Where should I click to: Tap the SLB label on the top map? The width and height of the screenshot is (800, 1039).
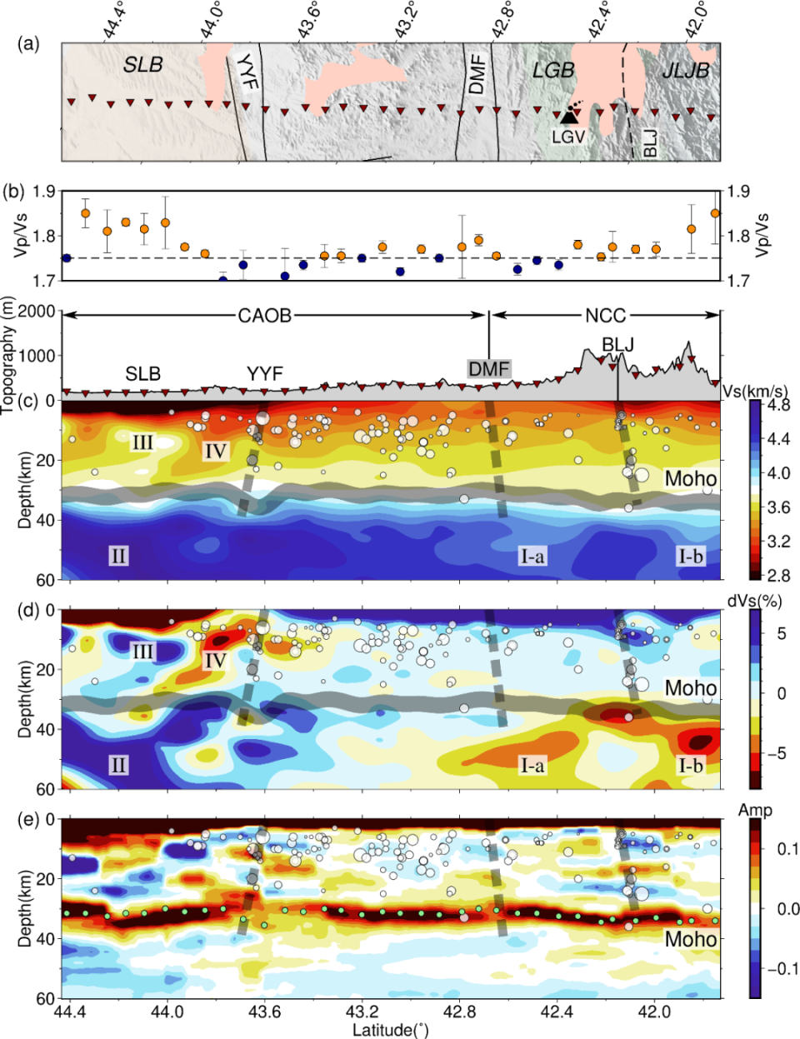coord(143,64)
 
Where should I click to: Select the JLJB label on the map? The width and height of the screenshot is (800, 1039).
coord(685,71)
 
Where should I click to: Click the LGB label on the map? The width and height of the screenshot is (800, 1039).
coord(553,70)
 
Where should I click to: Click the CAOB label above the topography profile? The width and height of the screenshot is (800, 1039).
coord(265,316)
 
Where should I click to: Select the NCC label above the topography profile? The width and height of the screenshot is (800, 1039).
coord(605,316)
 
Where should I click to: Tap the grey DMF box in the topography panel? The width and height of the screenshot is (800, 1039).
coord(488,369)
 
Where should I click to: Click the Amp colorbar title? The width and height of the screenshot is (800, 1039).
coord(755,810)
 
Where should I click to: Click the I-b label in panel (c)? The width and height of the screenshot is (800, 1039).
coord(690,556)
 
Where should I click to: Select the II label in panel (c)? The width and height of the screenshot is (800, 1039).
coord(118,555)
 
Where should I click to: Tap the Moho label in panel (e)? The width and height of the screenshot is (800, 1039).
coord(690,939)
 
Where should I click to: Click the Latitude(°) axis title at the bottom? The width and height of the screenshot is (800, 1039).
coord(391,1030)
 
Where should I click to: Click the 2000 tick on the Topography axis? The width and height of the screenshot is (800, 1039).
coord(37,312)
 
